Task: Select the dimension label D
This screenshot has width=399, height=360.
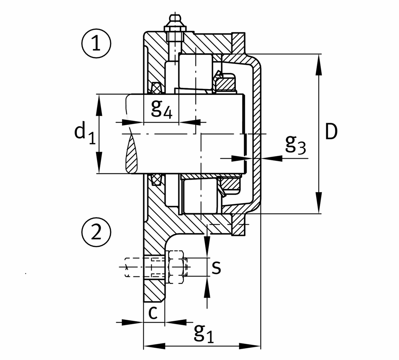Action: [331, 132]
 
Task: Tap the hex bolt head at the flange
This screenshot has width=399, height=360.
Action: [176, 267]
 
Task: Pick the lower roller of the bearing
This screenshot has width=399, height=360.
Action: [199, 197]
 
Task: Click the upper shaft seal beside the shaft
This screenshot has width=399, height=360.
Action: [156, 88]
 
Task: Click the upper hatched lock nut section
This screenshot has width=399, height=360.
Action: [226, 83]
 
